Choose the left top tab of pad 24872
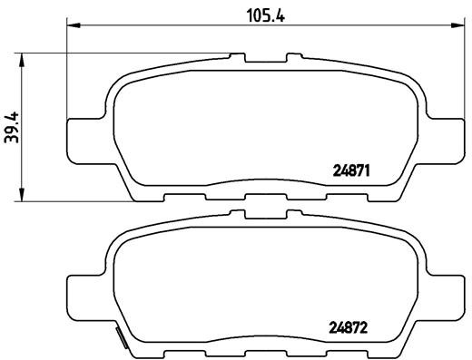pyautogui.click(x=239, y=218)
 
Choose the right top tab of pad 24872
pyautogui.click(x=294, y=218)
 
